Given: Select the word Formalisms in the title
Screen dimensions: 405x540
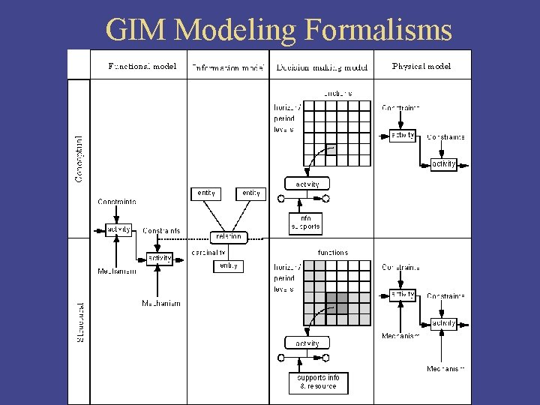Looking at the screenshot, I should click(x=378, y=30).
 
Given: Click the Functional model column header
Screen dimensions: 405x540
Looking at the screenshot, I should click(x=142, y=66).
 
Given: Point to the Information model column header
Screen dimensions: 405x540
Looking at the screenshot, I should click(x=228, y=67).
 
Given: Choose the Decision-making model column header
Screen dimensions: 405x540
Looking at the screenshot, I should click(x=322, y=67).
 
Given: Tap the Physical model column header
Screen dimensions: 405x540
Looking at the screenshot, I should click(x=421, y=66).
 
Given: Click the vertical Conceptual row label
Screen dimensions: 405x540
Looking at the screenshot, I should click(x=79, y=158).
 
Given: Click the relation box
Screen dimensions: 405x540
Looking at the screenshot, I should click(x=229, y=236).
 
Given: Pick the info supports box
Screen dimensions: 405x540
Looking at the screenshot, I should click(x=305, y=223).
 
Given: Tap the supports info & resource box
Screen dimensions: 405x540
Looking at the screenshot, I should click(x=318, y=382).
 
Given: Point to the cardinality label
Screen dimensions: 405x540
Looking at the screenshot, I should click(x=208, y=253).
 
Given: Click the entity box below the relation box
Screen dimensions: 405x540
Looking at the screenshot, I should click(x=229, y=265).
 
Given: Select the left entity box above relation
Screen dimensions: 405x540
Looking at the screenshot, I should click(x=206, y=193).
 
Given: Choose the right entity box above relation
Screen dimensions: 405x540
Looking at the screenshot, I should click(x=251, y=193).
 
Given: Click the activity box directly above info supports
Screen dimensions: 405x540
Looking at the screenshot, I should click(x=307, y=184).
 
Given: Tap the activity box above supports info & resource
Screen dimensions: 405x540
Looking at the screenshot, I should click(x=307, y=343).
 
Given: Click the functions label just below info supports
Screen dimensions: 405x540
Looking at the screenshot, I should click(x=333, y=253).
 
